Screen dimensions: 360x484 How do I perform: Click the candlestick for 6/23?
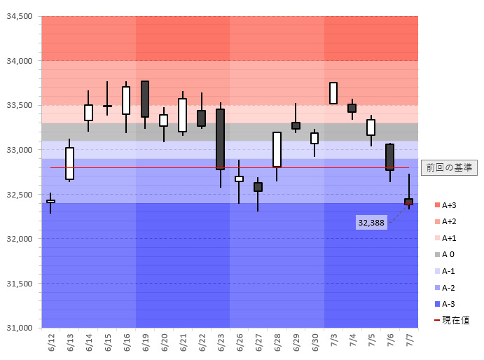click(220, 139)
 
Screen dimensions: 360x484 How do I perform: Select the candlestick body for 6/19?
click(145, 99)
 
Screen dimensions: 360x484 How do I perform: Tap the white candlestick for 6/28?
click(277, 149)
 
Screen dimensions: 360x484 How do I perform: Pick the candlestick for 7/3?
click(333, 93)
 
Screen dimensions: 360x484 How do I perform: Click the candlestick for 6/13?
click(70, 163)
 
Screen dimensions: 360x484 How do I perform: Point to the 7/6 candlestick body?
click(389, 157)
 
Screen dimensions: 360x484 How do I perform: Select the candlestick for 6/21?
click(183, 115)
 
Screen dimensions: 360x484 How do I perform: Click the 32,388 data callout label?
click(371, 222)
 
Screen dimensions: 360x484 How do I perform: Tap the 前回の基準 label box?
click(449, 167)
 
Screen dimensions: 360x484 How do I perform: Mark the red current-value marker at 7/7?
click(408, 204)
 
